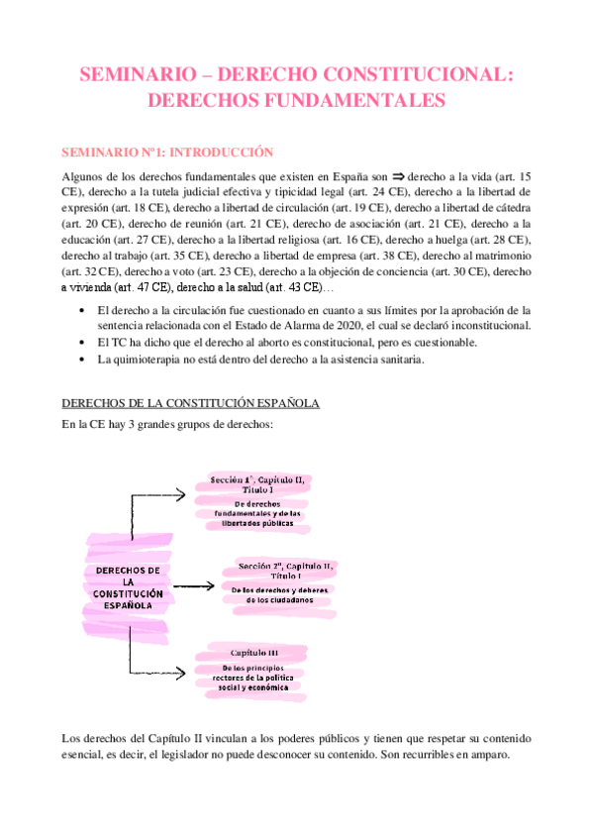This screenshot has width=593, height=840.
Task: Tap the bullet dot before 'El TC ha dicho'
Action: click(x=79, y=343)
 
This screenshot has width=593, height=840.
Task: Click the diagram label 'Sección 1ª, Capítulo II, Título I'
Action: click(x=257, y=484)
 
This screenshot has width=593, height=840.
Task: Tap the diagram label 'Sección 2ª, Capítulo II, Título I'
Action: click(x=287, y=571)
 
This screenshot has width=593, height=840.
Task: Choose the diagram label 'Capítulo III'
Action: click(x=254, y=653)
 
